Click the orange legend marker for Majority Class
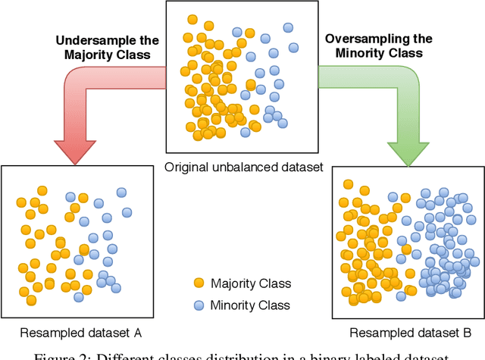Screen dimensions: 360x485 point(199,283)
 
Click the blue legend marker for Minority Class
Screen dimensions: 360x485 point(199,305)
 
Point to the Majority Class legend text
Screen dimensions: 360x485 point(252,284)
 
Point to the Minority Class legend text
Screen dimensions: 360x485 point(251,306)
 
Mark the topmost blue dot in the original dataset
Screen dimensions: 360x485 point(287,27)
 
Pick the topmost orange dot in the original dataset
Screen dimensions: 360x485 point(192,19)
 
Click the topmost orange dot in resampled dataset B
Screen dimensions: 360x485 point(348,183)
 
